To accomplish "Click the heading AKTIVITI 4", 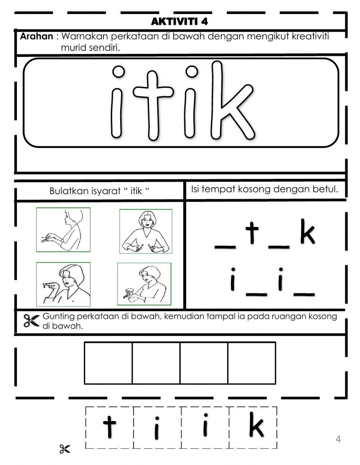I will pos(179,22).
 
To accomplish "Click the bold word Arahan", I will pos(36,36).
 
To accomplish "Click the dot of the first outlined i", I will pos(118,72).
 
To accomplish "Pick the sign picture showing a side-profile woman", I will pos(63,230).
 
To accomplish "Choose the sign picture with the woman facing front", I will pos(146,231).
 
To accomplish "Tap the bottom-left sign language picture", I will pos(63,284).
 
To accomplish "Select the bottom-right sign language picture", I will pos(144,284).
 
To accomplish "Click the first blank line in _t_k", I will pos(225,247).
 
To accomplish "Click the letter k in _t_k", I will pos(307,234).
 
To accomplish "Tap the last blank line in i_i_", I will pos(305,294).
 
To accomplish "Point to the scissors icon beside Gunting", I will pos(31,321).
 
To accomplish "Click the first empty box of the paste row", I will pos(108,363).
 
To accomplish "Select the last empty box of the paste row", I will pos(252,363).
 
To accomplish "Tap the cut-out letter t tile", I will pos(109,427).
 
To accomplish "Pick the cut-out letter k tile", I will pos(253,427).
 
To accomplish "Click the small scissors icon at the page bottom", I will pos(65,449).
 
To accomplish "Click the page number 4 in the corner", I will pos(338,439).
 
